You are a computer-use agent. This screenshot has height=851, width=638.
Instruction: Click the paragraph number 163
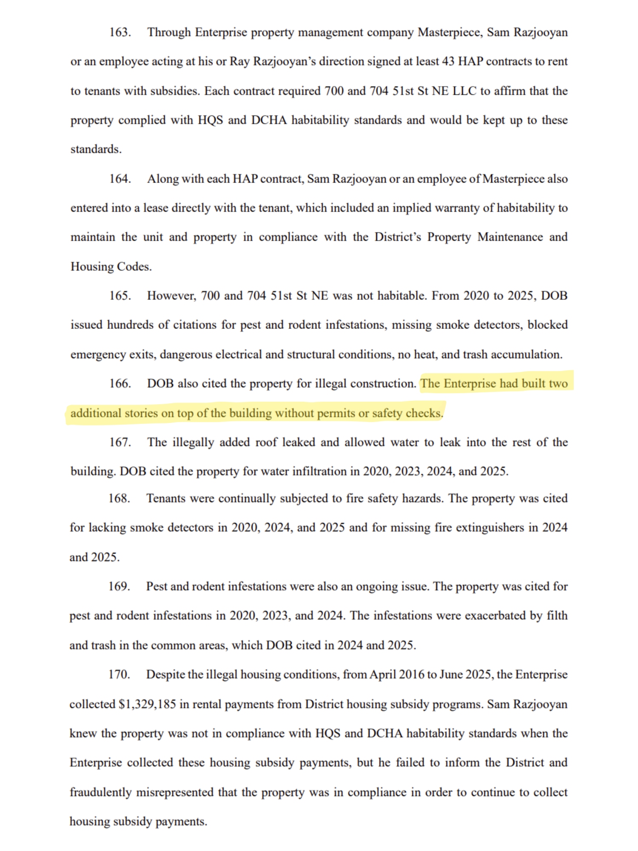click(120, 32)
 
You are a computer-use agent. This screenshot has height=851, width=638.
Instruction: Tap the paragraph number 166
click(120, 383)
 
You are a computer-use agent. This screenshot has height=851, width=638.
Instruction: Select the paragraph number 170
click(119, 674)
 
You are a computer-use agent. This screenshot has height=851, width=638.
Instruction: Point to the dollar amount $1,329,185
click(147, 704)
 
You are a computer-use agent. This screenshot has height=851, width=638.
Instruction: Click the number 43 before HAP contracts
click(448, 61)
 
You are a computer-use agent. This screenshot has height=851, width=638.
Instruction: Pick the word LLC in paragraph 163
click(464, 91)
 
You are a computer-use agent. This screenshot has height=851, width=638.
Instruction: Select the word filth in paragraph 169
click(557, 616)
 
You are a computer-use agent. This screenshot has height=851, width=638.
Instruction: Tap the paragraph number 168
click(119, 498)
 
